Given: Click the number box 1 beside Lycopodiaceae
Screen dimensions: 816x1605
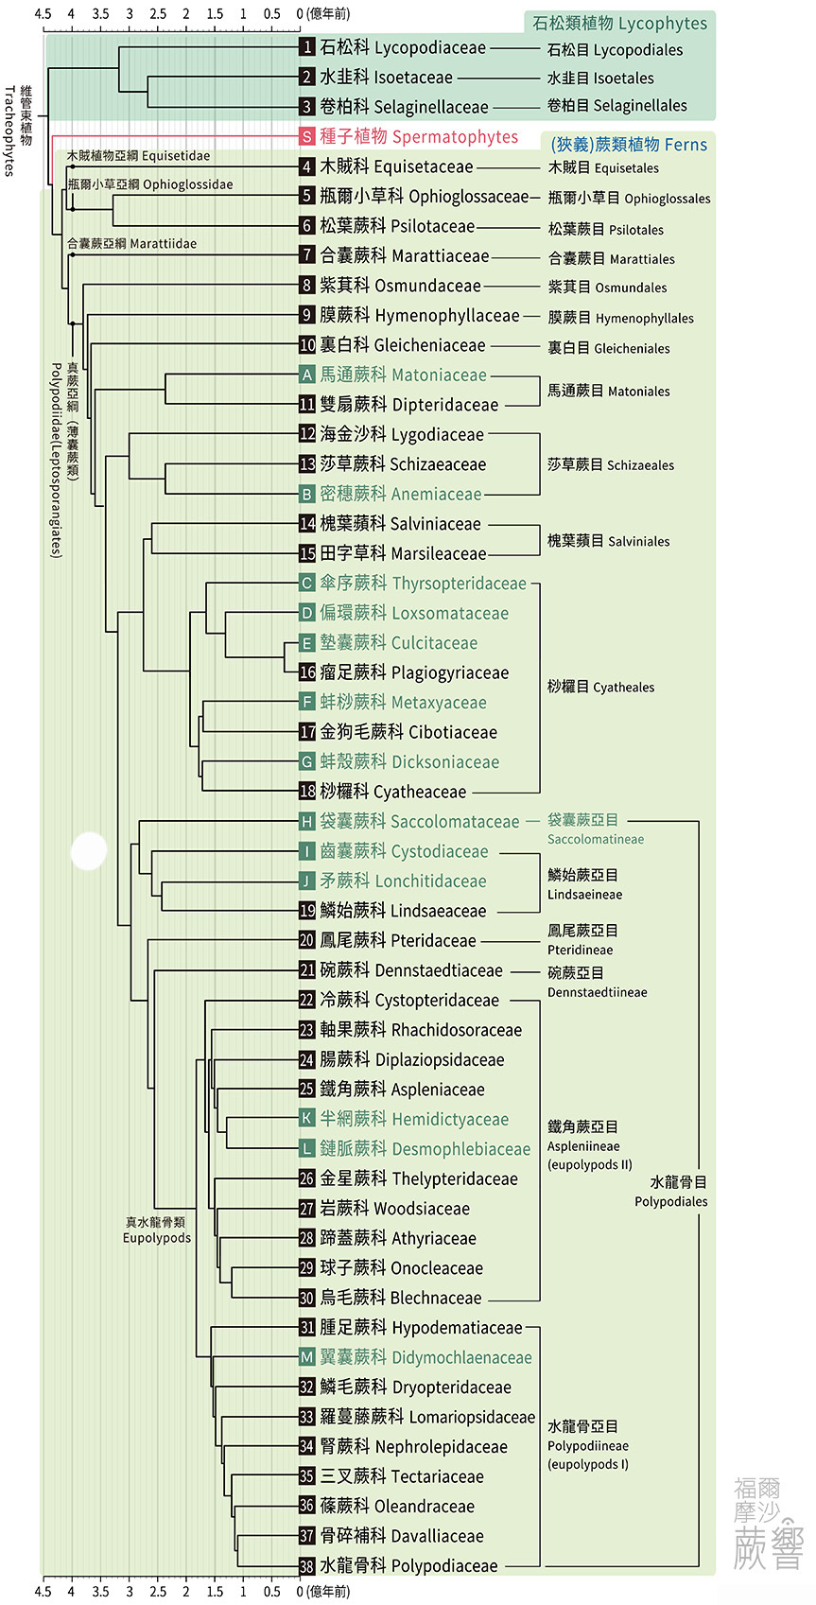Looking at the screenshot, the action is tap(307, 47).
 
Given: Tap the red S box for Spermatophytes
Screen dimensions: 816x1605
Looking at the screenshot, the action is tap(307, 136).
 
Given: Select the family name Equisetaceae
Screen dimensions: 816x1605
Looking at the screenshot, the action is tap(424, 167).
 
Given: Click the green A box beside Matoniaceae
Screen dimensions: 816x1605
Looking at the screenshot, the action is tap(307, 375).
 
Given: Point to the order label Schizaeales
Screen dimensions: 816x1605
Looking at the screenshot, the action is tap(640, 465).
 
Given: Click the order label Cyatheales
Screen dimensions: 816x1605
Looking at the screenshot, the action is tap(623, 688).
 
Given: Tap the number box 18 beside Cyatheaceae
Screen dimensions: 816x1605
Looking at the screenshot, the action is tap(307, 791).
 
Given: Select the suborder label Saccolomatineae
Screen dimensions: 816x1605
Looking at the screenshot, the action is tap(596, 839).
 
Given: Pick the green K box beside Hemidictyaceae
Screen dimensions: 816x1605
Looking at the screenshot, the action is tap(307, 1118).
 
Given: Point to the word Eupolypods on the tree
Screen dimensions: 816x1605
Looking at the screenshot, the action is tap(157, 1237).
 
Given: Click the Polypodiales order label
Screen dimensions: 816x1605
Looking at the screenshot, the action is tap(671, 1201).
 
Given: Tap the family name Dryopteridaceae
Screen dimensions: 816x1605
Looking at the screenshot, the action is tap(451, 1387).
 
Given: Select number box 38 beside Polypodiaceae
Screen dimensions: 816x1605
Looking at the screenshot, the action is tap(307, 1565).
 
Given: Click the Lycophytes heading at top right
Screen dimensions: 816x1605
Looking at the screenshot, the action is tap(663, 23).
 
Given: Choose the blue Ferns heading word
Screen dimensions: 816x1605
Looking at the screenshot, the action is tap(686, 145).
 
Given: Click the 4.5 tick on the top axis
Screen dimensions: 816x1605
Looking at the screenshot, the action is tap(43, 13).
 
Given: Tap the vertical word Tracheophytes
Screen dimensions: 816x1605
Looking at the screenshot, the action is tap(9, 131).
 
